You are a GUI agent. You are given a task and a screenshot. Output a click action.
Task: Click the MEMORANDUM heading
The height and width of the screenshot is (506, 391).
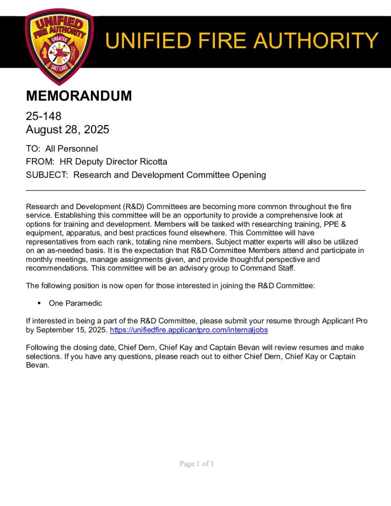coord(79,96)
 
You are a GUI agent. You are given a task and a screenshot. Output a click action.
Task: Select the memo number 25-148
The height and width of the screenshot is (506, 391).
coord(43,117)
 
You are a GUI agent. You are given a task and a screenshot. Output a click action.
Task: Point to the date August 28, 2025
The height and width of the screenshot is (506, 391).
coord(67,130)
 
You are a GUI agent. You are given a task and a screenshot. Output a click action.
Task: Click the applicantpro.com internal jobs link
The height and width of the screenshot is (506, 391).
coord(188,329)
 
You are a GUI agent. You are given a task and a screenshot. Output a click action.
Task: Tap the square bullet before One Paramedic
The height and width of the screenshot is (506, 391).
coord(39,303)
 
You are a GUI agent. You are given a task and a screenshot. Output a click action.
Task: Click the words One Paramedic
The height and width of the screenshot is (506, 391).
coord(75,303)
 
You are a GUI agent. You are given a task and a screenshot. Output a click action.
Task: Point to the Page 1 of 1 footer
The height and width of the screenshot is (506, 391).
coord(197,464)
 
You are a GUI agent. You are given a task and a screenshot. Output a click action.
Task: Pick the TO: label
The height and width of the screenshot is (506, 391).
coord(33,148)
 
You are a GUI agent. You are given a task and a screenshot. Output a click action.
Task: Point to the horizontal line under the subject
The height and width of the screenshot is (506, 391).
coord(195,190)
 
